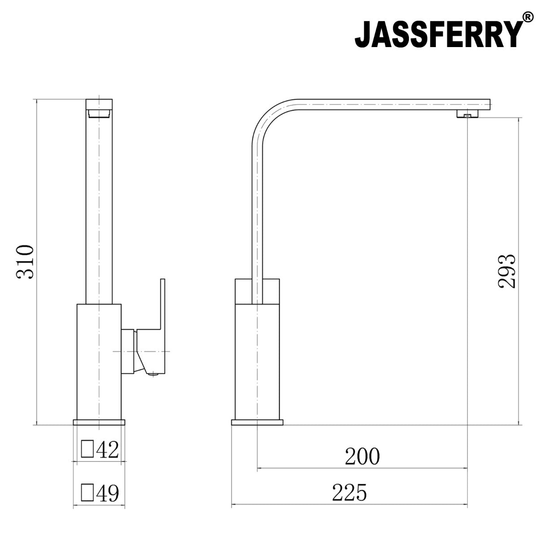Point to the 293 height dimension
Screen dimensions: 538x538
pos(507,272)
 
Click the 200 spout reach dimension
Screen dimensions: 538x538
pos(362,457)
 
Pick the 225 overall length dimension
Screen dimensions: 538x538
pos(349,493)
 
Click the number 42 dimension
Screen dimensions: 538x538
pos(108,450)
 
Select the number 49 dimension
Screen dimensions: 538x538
pos(108,493)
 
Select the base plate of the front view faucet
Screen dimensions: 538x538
pos(99,422)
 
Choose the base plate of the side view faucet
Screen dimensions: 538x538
pos(257,422)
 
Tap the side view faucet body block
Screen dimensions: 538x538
pos(257,350)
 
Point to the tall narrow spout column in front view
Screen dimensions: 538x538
pos(99,202)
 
